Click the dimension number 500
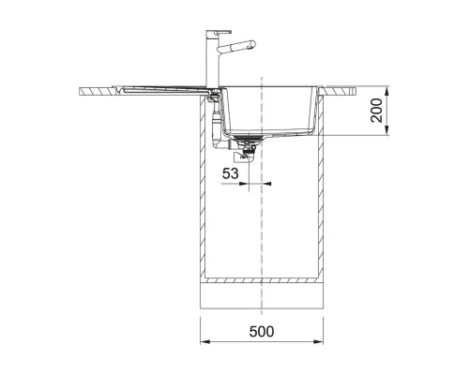coord(262,332)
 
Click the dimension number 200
coord(376,110)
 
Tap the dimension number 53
coord(231,173)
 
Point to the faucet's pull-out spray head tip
coord(252,44)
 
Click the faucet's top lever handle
coord(222,32)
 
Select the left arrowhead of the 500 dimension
coord(204,341)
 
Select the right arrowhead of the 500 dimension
coord(318,341)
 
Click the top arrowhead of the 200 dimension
coord(386,91)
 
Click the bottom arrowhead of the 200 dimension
coord(386,130)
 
